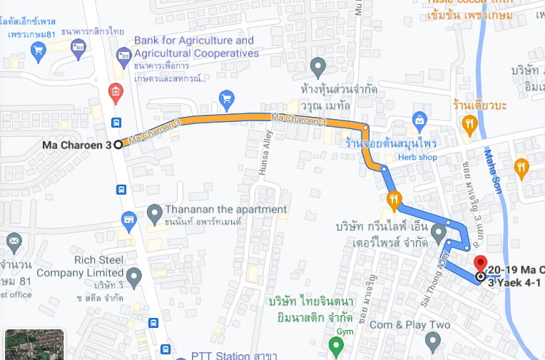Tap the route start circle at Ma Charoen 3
point(118,145)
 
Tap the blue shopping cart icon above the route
point(227,97)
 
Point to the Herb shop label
point(417,157)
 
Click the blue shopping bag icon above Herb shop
point(420,118)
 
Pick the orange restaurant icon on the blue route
point(392,198)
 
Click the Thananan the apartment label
point(226,210)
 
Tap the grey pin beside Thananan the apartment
point(154,212)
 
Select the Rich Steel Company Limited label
point(81,266)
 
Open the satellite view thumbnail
point(34,344)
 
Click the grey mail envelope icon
point(14,242)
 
